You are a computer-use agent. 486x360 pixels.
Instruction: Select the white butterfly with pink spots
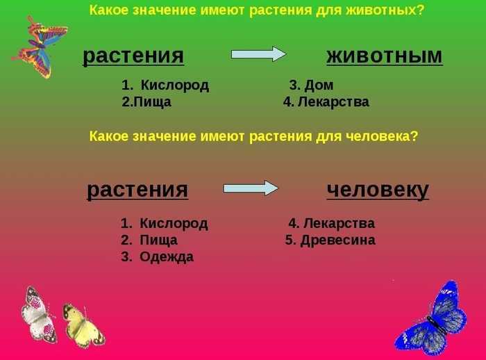tap(39, 314)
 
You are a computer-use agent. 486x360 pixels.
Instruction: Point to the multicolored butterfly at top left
tap(40, 47)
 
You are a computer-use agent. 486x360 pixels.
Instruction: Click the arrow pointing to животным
tap(258, 54)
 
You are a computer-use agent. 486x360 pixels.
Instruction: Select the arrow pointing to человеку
tap(251, 188)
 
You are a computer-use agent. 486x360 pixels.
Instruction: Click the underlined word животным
tap(385, 56)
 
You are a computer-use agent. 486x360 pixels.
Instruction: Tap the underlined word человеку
tap(378, 190)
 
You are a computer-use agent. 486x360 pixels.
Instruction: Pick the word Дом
tap(319, 85)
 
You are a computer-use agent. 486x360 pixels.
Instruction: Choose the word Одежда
tap(167, 257)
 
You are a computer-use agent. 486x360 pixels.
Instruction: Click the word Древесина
tap(338, 240)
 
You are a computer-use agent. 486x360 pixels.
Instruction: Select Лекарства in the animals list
tap(333, 101)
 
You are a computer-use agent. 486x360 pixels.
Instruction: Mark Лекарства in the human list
tap(339, 223)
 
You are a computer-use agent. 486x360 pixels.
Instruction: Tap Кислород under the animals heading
tap(175, 85)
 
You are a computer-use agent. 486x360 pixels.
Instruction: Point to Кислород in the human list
tap(174, 224)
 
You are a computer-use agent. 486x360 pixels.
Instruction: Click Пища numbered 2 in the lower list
tap(158, 240)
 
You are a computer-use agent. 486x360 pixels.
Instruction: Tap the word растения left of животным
tap(133, 56)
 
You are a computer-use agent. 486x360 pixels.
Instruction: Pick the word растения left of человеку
tap(137, 190)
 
